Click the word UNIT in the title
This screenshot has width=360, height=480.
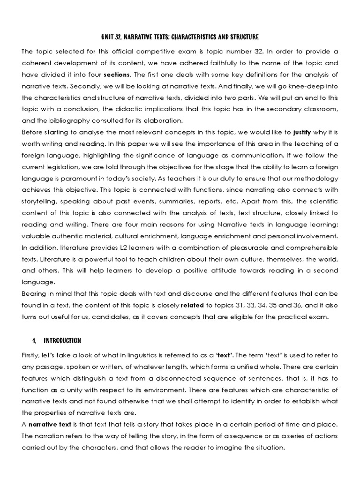point(108,37)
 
